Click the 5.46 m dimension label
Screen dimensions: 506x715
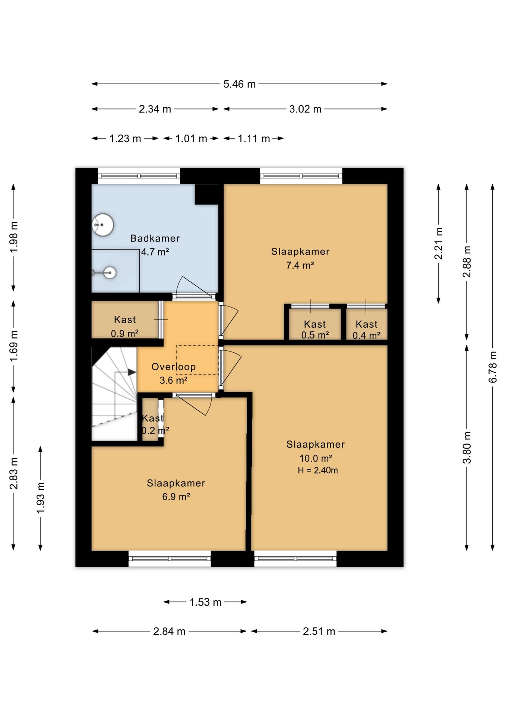click(239, 84)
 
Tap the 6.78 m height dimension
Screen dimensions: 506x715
click(493, 367)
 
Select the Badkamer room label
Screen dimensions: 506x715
click(155, 238)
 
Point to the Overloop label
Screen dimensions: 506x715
click(174, 367)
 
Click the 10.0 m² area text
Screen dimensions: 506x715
click(316, 458)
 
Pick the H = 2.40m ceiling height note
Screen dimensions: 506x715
click(318, 470)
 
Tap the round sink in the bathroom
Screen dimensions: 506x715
click(103, 225)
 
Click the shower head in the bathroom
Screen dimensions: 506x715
click(110, 273)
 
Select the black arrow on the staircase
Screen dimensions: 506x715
click(132, 372)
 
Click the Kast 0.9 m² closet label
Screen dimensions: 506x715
click(125, 326)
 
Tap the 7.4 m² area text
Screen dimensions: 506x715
click(300, 266)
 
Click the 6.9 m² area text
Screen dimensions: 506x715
click(176, 497)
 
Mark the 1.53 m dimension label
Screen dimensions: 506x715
click(205, 602)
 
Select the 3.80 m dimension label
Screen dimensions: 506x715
click(467, 448)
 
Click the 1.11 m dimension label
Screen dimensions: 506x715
click(254, 139)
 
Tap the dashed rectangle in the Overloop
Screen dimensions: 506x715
click(197, 360)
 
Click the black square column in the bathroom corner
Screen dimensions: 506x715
click(206, 194)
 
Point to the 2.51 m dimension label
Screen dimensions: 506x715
click(319, 632)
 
